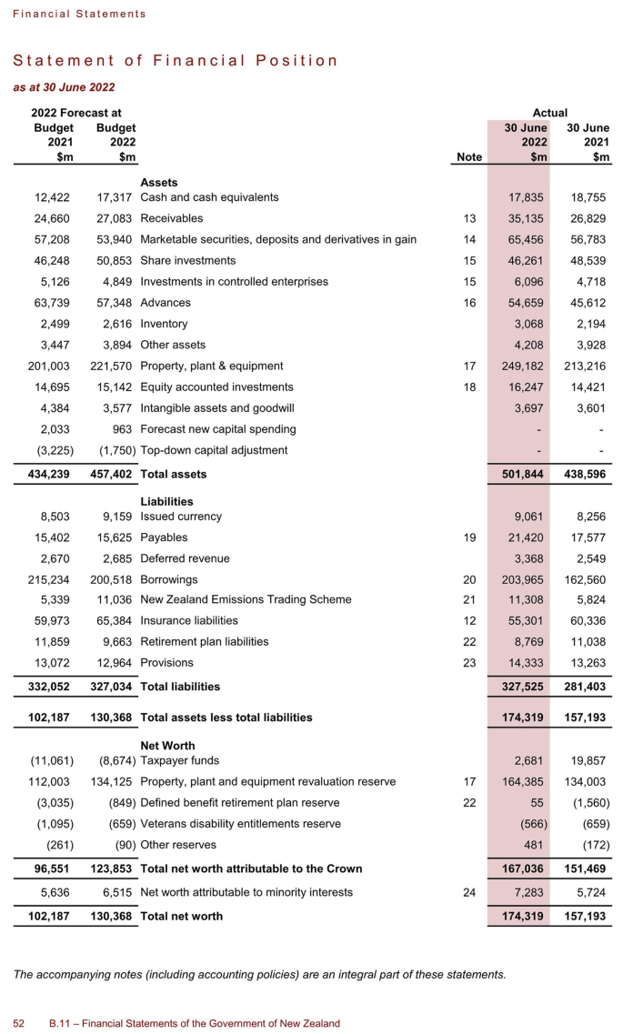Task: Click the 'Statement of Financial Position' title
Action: click(x=175, y=61)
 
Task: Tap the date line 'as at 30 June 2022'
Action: click(x=64, y=87)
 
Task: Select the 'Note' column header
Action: click(x=468, y=157)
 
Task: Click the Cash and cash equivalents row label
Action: click(x=209, y=197)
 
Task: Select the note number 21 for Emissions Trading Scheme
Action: click(x=469, y=600)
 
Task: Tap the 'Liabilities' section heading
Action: click(x=167, y=501)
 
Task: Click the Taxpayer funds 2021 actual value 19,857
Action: click(x=587, y=760)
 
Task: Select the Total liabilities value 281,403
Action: click(x=587, y=687)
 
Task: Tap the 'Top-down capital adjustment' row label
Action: click(x=214, y=450)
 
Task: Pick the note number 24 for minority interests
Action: click(x=469, y=893)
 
